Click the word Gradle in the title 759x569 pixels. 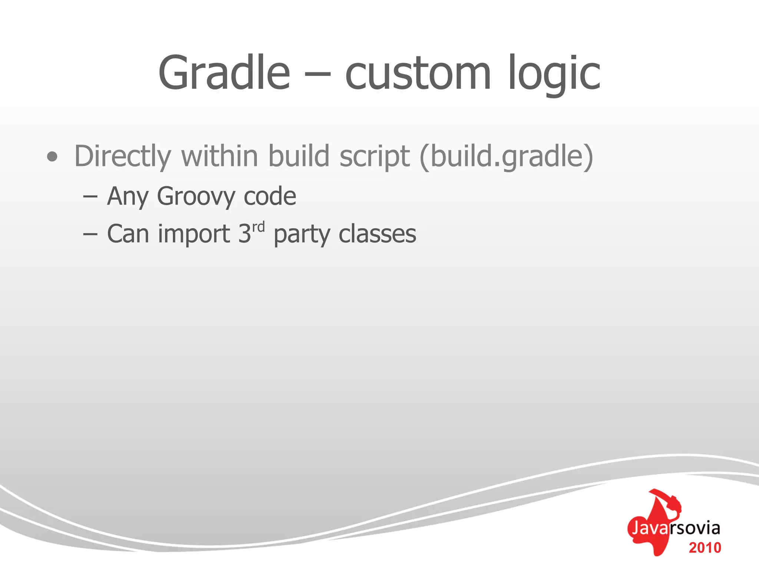point(224,73)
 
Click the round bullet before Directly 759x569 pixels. point(52,157)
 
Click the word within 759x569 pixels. point(219,156)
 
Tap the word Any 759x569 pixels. point(128,196)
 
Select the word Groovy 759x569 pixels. point(196,196)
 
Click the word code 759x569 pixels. point(270,196)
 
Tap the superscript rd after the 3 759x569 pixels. point(259,227)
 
